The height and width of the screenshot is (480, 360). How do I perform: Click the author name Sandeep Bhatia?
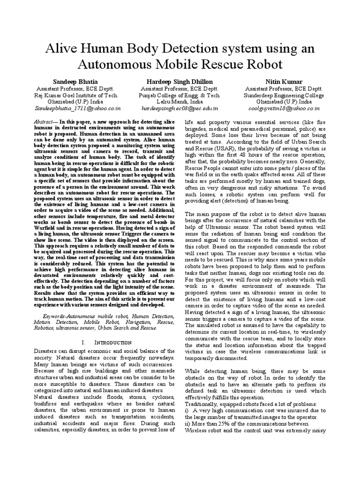(72, 82)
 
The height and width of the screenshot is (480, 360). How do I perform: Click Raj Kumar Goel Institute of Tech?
(72, 95)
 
